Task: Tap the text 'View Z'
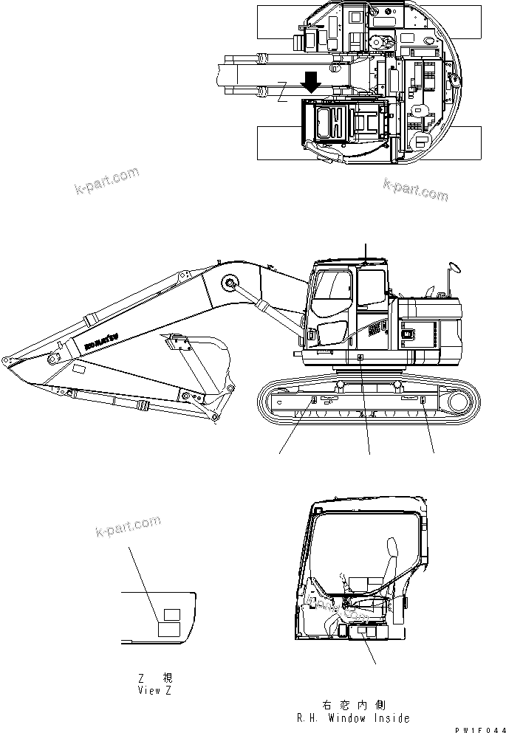154,690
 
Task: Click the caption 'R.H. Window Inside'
353,717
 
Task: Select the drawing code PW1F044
476,728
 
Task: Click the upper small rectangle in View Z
171,614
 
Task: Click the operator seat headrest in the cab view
391,550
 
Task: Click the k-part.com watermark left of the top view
107,181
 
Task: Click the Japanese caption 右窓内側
354,705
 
